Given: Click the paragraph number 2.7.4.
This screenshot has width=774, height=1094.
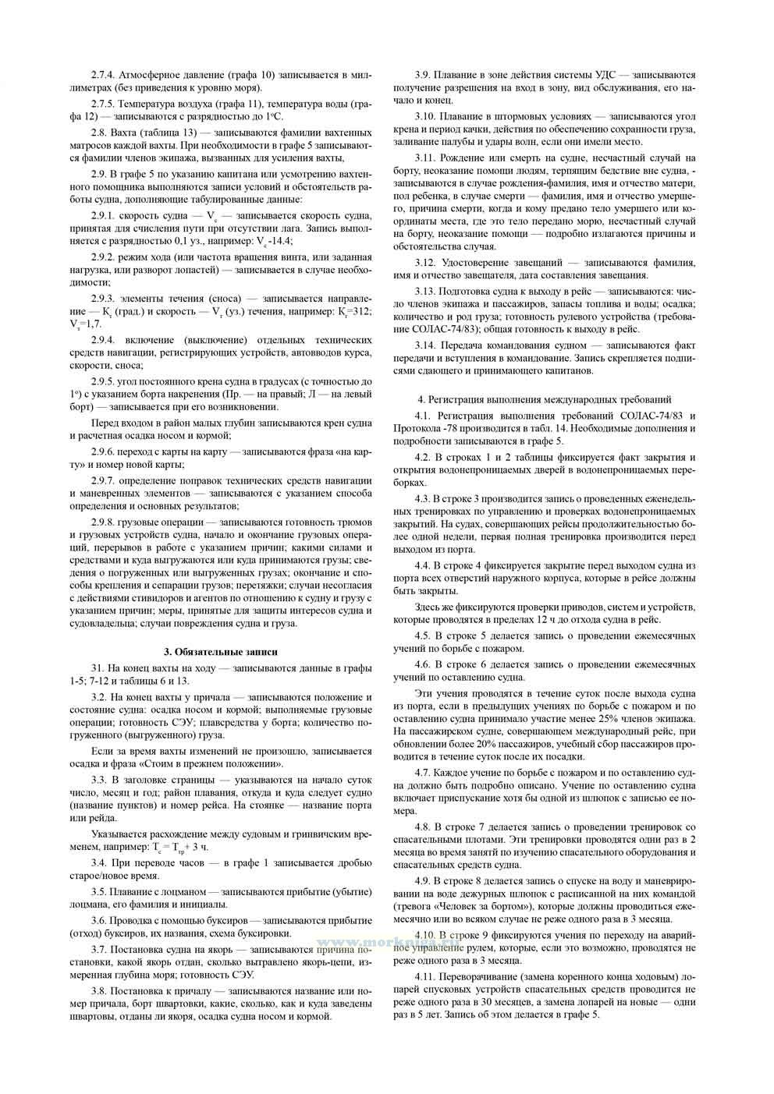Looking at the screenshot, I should [x=103, y=75].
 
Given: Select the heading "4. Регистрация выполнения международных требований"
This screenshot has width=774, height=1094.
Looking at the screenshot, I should [x=545, y=399].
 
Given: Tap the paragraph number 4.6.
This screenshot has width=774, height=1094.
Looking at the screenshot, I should [x=426, y=664].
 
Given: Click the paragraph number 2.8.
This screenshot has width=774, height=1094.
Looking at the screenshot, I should [x=99, y=132].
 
